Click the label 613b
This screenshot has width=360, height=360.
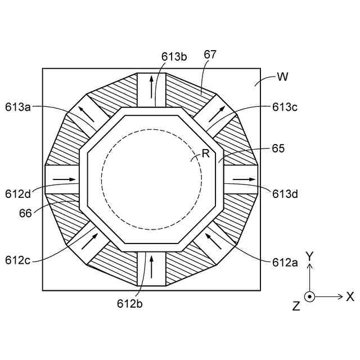174,56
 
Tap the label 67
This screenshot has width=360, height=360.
211,55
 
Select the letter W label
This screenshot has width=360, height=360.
282,77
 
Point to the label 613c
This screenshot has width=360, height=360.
286,106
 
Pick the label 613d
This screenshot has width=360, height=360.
285,195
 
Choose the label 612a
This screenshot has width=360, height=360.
285,262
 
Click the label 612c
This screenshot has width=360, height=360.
20,260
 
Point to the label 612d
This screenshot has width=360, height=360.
20,195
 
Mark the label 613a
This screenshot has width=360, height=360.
20,106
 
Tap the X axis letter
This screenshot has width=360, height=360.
350,296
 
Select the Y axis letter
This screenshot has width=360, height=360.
309,256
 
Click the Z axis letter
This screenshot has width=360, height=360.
296,305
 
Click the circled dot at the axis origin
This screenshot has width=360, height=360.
309,296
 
